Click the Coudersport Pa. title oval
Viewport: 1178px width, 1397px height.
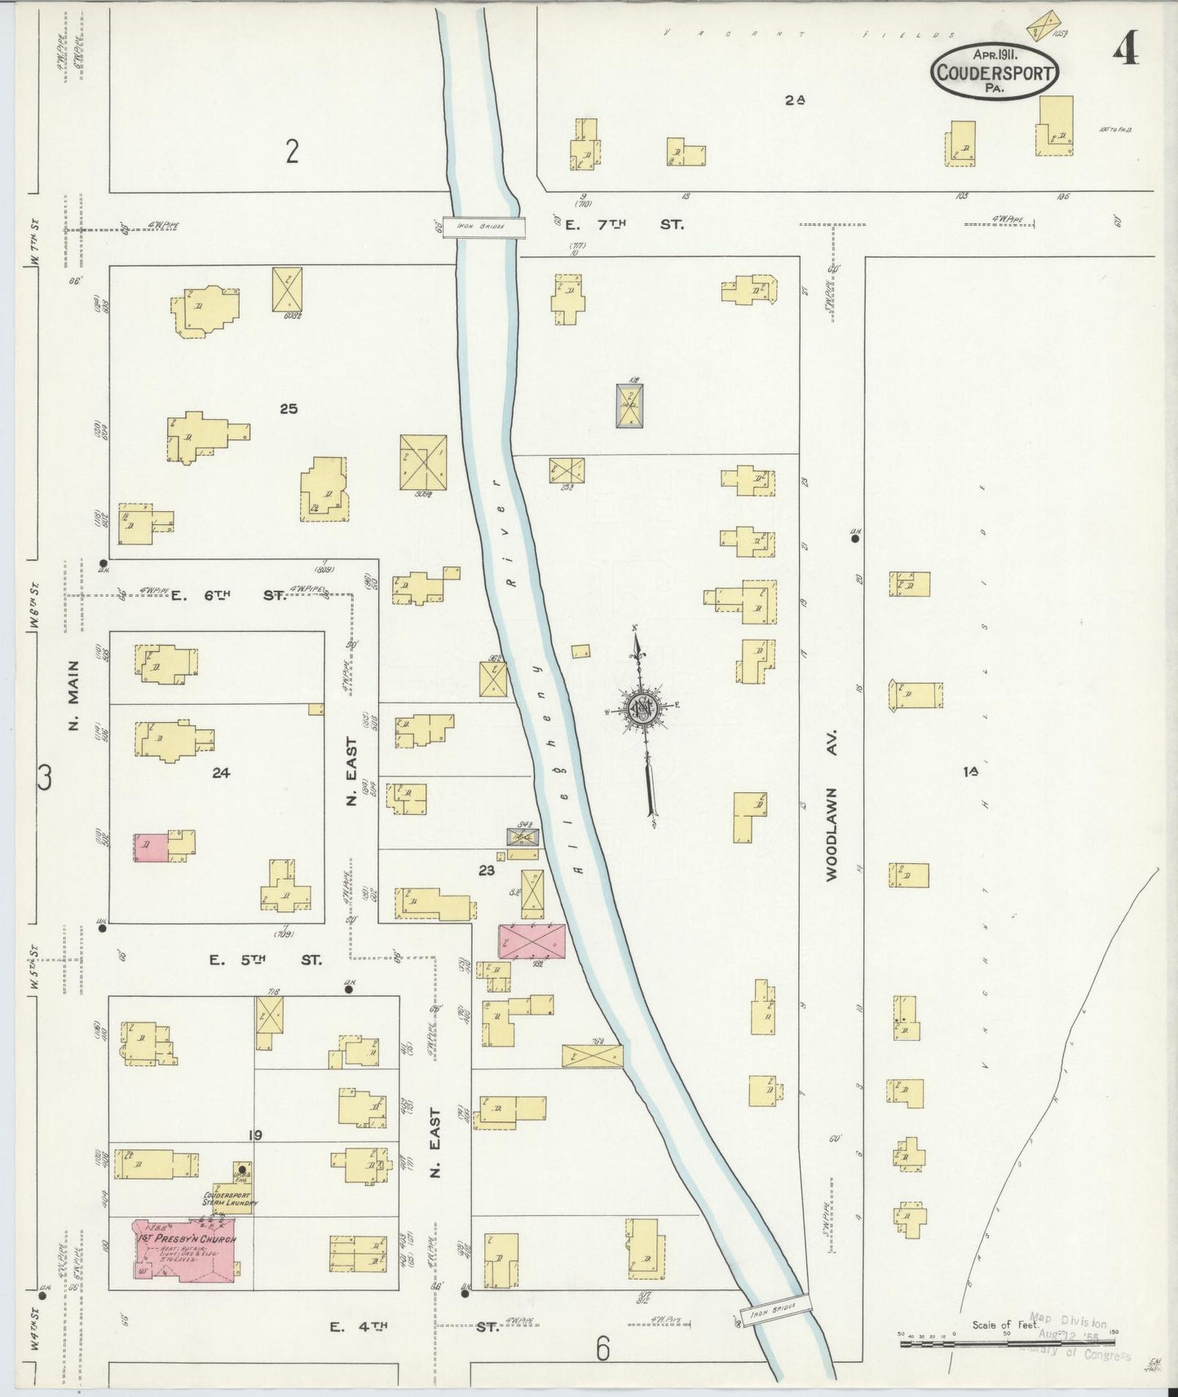[x=995, y=72]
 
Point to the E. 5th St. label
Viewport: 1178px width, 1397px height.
[x=264, y=960]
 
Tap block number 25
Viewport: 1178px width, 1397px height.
[x=288, y=408]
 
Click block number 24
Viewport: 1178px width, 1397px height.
[x=220, y=773]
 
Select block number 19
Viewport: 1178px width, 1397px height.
[x=255, y=1135]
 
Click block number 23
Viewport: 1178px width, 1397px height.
[x=487, y=870]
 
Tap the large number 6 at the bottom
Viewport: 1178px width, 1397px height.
[x=602, y=1351]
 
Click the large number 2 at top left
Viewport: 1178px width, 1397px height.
[x=292, y=152]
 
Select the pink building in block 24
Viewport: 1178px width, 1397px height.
[x=151, y=846]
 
